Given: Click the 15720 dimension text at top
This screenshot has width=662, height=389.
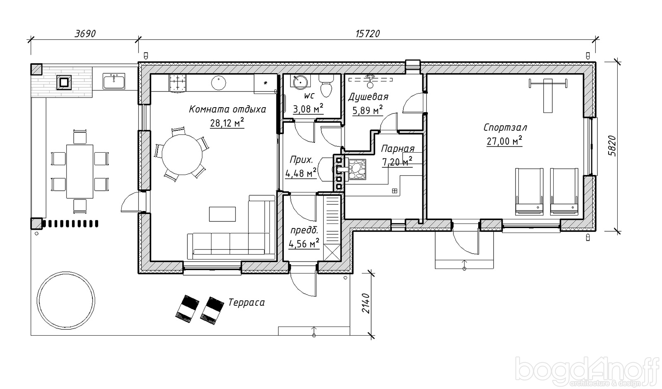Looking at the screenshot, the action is click(x=368, y=34).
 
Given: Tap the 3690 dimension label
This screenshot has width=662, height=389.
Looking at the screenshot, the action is click(x=85, y=34).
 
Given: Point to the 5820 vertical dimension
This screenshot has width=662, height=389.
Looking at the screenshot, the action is click(x=612, y=146).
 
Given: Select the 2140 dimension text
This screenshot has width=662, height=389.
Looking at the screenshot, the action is click(x=366, y=304).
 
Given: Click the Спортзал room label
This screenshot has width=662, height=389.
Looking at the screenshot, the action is click(x=505, y=127).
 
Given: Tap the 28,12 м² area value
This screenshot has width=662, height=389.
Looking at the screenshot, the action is click(x=227, y=122).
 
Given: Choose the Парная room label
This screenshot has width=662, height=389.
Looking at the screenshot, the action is click(x=398, y=149).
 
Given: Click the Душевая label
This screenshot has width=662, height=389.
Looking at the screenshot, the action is click(x=368, y=97).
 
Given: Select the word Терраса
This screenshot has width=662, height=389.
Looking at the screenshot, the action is click(x=247, y=303).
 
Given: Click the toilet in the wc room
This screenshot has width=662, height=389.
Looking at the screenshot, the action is click(x=326, y=85).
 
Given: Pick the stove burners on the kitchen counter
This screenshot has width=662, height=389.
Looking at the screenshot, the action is click(x=178, y=83).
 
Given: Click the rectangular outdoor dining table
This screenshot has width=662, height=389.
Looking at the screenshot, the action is click(x=79, y=171).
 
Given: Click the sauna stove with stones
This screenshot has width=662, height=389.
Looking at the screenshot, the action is click(x=357, y=169).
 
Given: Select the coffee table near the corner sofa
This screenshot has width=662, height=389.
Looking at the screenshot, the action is click(x=222, y=214).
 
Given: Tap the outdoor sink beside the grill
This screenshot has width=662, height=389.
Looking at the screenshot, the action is click(x=114, y=81).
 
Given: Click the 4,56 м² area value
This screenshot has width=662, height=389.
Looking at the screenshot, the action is click(x=304, y=244).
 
